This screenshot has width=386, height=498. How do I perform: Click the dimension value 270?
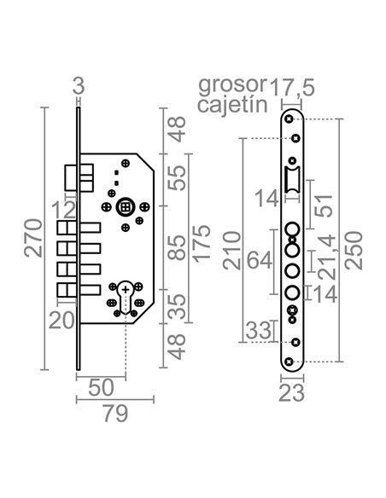33,238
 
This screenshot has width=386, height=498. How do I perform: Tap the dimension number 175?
202,244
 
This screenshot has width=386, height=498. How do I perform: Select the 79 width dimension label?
116,414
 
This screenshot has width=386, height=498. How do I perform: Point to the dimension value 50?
101,387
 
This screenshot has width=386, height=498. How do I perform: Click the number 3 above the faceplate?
79,86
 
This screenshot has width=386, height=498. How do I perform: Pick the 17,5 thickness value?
292,87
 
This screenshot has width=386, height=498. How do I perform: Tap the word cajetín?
232,105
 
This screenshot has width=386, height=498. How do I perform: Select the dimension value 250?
354,251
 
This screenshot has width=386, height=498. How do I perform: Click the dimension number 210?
231,251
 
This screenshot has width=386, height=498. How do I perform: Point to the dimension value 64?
260,260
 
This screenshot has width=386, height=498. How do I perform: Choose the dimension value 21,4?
326,257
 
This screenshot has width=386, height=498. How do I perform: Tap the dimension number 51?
324,206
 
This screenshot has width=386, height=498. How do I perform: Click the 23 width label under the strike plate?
291,393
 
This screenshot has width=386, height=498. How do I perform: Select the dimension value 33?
259,331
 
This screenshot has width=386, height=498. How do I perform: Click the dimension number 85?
176,248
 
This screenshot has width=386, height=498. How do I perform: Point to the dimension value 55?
176,178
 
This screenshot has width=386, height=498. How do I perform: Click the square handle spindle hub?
126,207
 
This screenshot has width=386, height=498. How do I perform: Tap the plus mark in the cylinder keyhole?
126,290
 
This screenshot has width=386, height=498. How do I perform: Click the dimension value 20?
61,321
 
